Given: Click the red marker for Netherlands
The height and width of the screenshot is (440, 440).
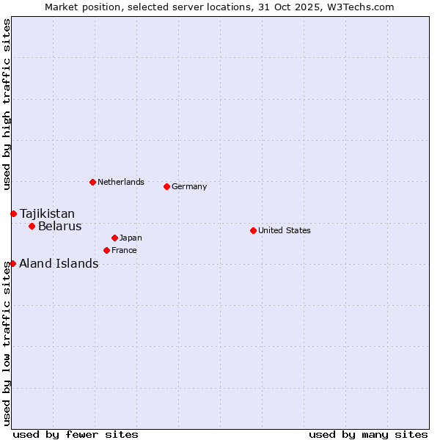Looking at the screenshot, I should pos(92,182).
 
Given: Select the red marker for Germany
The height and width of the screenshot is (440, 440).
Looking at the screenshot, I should pos(166,186).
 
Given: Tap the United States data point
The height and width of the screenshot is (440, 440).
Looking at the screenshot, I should pos(253,230).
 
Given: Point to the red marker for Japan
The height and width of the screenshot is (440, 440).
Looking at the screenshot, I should pos(114,238).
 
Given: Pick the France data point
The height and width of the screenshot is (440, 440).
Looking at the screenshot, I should pos(106,250).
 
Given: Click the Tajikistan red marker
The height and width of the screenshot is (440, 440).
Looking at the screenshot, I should pos(13,213).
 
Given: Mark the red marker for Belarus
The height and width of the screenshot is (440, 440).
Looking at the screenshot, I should pos(32,226).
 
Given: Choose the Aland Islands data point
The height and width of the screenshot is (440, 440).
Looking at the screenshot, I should pos(12,263).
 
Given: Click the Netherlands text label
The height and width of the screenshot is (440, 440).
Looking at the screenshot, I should pos(121,182).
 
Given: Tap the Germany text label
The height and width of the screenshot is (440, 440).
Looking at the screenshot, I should pos(189,186).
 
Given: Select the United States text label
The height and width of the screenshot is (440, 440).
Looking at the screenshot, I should pos(285,230).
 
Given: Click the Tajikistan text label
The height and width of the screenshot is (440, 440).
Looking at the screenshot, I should pos(47,213).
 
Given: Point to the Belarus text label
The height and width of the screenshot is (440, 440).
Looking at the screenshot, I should pos(60,226).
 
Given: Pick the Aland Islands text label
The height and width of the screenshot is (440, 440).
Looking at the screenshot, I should pos(59,263).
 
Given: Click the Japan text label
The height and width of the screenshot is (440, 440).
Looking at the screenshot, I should pos(131,238).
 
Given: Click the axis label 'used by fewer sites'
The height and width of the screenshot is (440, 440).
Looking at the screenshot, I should pos(76,434).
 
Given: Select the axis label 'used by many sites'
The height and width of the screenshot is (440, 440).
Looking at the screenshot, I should pos(368,434).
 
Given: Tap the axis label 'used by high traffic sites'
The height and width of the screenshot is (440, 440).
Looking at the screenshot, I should pos(7,104).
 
